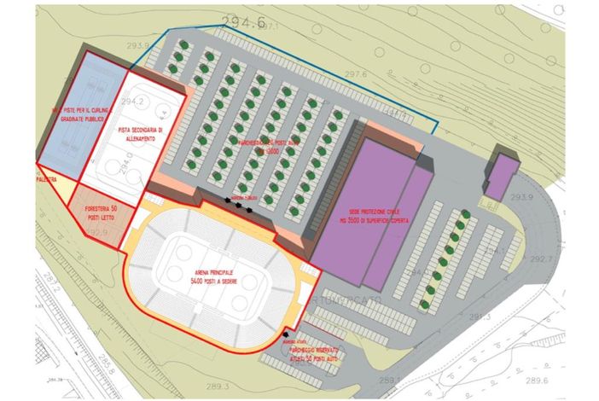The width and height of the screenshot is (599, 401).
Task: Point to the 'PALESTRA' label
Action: (47, 179)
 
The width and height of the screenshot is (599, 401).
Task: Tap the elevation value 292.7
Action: (540, 259)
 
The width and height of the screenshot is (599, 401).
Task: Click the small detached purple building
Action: (502, 172)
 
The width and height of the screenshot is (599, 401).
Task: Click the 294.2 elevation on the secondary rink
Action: (132, 102)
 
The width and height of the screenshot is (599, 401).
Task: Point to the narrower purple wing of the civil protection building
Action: (401, 226)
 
